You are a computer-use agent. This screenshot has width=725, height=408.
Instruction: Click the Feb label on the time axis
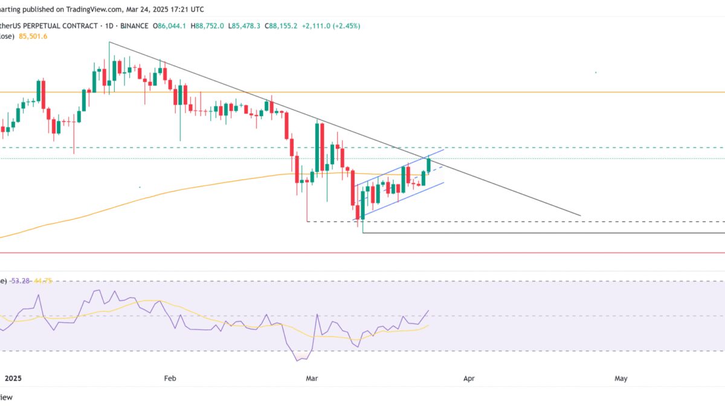click(170, 378)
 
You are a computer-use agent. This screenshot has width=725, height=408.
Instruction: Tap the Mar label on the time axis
click(312, 378)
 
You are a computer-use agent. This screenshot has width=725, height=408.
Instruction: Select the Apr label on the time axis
click(468, 378)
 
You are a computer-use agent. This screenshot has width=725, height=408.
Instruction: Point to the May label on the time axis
click(620, 378)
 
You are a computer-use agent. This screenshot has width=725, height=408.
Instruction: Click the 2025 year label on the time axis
click(13, 378)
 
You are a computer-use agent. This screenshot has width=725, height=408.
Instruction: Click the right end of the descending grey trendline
click(580, 215)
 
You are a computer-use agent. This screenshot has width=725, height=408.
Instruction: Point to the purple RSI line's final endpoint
click(428, 311)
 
